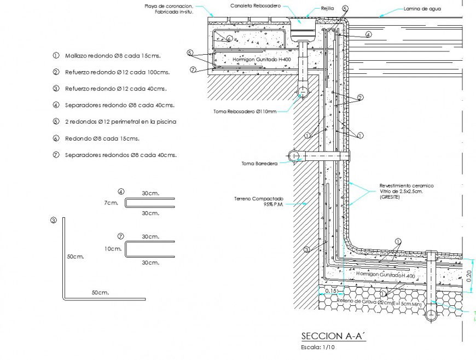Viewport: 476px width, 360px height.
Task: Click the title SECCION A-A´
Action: click(x=333, y=336)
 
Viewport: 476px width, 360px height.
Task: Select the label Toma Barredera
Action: click(x=259, y=163)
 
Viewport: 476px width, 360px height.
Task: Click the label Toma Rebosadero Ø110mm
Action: click(x=245, y=111)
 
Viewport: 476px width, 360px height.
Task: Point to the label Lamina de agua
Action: click(x=422, y=9)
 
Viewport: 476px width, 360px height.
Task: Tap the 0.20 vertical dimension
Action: click(x=469, y=276)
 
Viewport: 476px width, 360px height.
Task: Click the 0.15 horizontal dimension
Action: click(x=331, y=291)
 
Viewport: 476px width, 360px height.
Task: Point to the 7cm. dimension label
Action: click(x=111, y=203)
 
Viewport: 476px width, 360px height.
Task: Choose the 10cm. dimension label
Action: click(x=113, y=248)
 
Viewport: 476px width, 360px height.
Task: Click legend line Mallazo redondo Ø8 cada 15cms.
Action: click(x=112, y=56)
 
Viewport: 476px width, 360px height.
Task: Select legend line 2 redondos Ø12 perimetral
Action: click(x=120, y=121)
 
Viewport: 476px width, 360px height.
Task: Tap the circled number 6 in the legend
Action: click(x=56, y=138)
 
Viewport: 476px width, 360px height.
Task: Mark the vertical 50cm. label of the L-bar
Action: click(x=75, y=256)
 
